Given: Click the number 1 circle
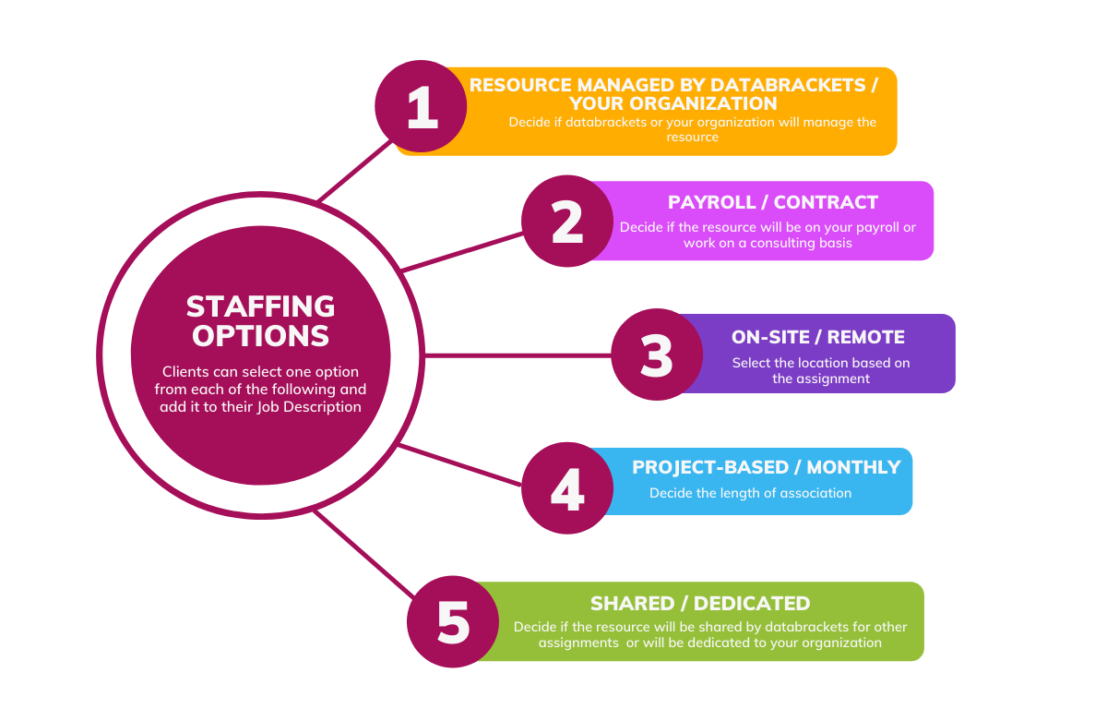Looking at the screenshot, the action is coord(421,106).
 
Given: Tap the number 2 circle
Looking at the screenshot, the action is coord(567,221).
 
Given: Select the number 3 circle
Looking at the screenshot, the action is coord(657,354).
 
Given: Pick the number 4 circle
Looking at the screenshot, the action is coord(567,488).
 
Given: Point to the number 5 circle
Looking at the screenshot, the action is coord(453,621).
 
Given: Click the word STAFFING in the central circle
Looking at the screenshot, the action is coord(260,306).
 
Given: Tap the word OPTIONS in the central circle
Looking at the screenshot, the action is coord(260,336).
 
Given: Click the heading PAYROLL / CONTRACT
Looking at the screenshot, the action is coord(772,202).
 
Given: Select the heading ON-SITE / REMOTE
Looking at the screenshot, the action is coord(818,337).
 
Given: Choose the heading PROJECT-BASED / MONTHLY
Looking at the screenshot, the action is coord(767,467).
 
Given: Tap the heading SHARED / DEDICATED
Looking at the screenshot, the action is coord(700,604).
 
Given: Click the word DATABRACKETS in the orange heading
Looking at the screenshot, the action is coord(788,85).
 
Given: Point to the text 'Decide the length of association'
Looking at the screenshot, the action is coord(750,493).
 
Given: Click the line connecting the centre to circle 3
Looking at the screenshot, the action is coord(518,355).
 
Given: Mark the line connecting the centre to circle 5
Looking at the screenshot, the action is coord(363,554).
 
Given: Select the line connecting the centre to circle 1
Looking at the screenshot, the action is coord(355,171).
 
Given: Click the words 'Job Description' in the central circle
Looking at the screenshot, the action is coord(309,407).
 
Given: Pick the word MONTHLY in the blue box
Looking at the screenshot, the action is coord(853,467).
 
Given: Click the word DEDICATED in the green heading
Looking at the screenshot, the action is coord(752,604).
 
